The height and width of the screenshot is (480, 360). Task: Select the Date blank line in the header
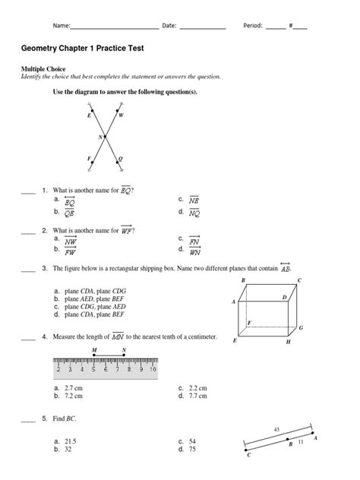[x=202, y=27]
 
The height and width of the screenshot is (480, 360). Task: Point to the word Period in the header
[x=252, y=25]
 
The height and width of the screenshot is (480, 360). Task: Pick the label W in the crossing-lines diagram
[x=121, y=115]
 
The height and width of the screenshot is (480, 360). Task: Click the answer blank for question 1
[x=28, y=191]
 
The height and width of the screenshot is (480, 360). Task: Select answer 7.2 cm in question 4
[x=74, y=396]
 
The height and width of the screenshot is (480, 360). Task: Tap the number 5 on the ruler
[x=94, y=370]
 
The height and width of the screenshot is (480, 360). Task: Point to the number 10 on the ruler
[x=153, y=370]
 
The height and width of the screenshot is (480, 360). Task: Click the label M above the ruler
[x=93, y=350]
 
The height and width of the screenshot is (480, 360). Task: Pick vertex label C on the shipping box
[x=299, y=281]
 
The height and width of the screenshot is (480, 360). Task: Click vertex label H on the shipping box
[x=287, y=343]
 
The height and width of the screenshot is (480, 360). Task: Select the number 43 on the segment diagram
[x=276, y=430]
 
